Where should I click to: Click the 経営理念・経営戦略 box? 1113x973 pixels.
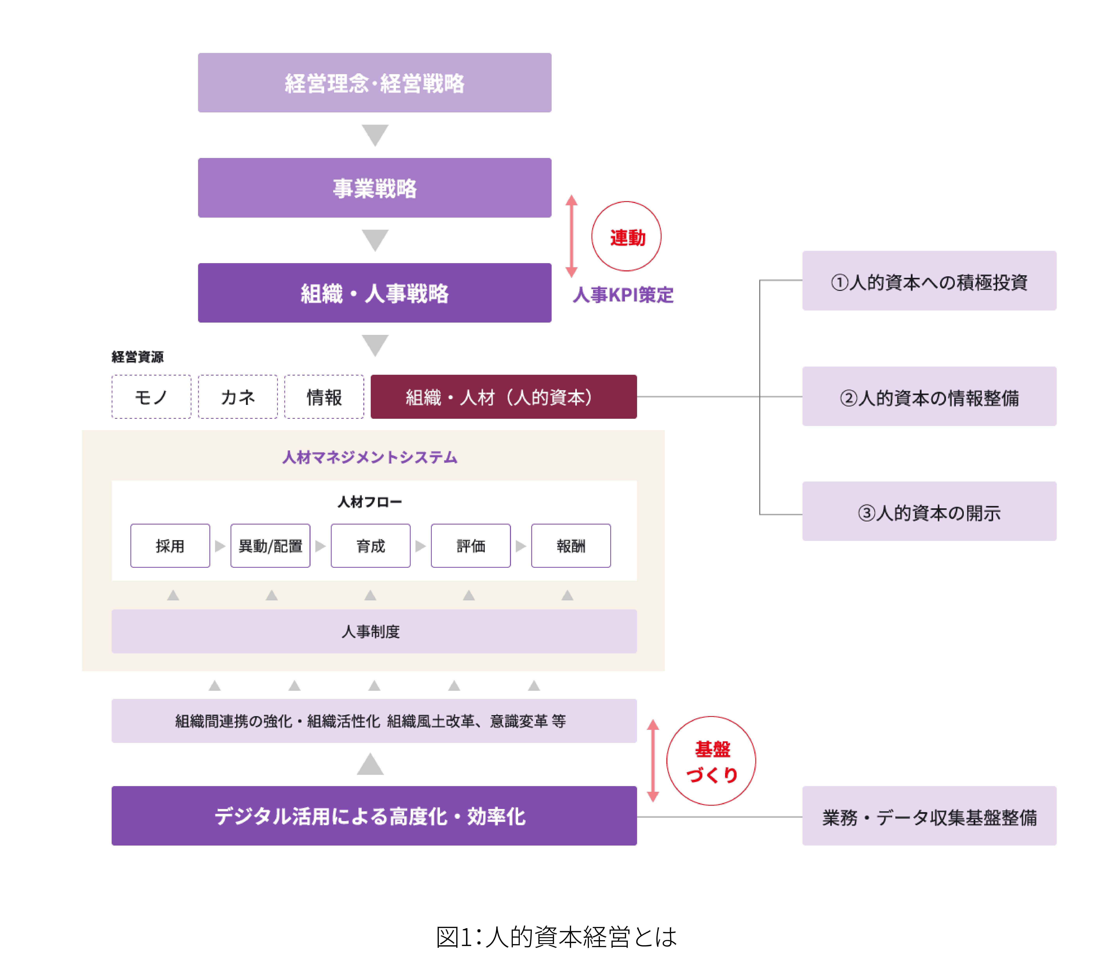pos(375,83)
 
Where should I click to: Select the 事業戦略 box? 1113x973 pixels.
pos(375,188)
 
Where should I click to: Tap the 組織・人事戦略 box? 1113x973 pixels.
pos(375,293)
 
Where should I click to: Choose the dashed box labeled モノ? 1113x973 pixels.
pos(151,397)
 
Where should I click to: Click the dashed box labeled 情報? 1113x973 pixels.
pos(324,397)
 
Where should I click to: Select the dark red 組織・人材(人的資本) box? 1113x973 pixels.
pos(503,397)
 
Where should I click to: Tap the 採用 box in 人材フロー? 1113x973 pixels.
pos(170,546)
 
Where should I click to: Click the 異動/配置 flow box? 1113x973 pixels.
pos(270,546)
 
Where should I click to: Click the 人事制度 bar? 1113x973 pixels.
pos(374,631)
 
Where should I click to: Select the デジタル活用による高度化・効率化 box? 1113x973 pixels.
pos(374,816)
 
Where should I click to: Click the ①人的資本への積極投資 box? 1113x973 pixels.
pos(929,281)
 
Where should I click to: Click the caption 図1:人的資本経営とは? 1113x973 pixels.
pos(556,937)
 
